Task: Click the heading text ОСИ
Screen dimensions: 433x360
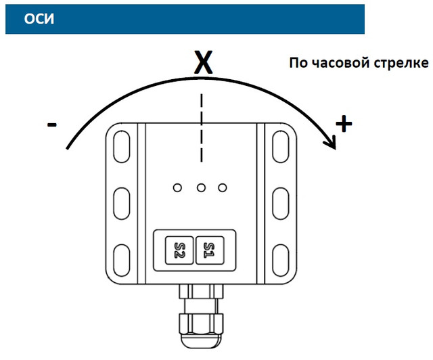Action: coord(39,19)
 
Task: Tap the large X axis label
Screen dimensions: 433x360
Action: coord(203,62)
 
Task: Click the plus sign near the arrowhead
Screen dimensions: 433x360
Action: coord(344,124)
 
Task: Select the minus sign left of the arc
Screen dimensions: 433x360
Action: coord(51,125)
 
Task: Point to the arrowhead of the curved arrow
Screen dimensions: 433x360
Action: coord(331,142)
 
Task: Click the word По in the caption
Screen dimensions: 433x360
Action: coord(298,63)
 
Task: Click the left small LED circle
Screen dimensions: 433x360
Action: coord(177,188)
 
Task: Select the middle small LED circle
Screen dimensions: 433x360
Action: coord(201,188)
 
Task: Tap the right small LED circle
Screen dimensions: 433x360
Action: coord(223,188)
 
